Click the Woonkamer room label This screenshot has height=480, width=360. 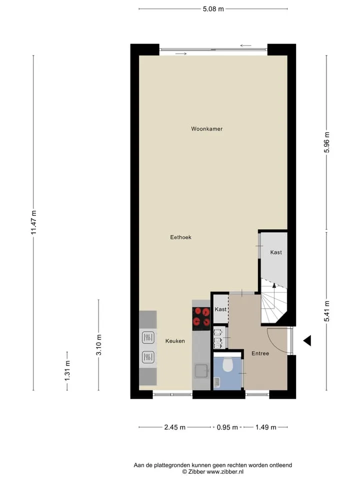[206, 129]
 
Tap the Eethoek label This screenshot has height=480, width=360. [180, 237]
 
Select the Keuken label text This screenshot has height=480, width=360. [175, 341]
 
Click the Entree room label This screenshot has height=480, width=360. [260, 353]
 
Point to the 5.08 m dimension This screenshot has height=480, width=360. [213, 9]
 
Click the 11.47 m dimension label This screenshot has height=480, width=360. [33, 222]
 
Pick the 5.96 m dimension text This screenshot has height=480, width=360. [326, 142]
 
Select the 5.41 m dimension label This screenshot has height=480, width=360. [326, 311]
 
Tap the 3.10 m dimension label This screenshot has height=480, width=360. [98, 345]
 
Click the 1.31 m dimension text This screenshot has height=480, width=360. [67, 371]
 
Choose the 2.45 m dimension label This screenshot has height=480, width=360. [175, 427]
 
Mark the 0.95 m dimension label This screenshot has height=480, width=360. [227, 427]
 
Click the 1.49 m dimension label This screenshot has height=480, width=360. [265, 427]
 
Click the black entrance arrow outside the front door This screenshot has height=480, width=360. [307, 340]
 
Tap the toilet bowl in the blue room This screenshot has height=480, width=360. [227, 364]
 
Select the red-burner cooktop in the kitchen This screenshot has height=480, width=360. [201, 318]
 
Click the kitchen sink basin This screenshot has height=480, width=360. [201, 371]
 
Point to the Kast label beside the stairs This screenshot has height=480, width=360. [276, 252]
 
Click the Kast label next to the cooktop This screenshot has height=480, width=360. [220, 309]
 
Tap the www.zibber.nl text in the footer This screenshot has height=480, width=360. [225, 471]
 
